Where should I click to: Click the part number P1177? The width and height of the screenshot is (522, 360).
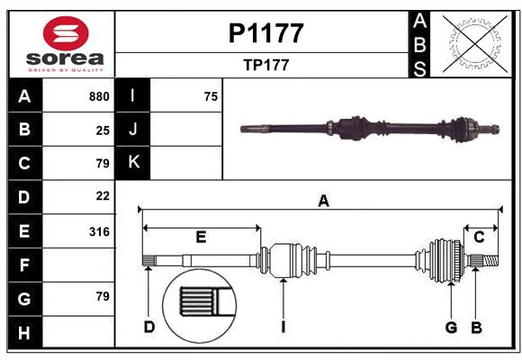pyautogui.click(x=265, y=33)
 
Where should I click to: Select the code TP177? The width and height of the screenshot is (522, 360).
pyautogui.click(x=265, y=65)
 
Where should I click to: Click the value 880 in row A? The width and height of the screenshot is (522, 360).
pyautogui.click(x=99, y=96)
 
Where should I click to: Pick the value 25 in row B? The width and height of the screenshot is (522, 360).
pyautogui.click(x=103, y=130)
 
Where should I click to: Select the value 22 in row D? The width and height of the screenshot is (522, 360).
pyautogui.click(x=103, y=195)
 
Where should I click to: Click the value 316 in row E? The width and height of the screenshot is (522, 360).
pyautogui.click(x=99, y=231)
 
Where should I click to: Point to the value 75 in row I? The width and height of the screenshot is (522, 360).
pyautogui.click(x=211, y=96)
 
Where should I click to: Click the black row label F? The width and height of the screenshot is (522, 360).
pyautogui.click(x=24, y=265)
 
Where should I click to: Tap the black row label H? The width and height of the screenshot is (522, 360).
pyautogui.click(x=24, y=333)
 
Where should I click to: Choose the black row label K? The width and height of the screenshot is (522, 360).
pyautogui.click(x=133, y=163)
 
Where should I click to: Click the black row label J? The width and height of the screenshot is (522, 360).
pyautogui.click(x=133, y=130)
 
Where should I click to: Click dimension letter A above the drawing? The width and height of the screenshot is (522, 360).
pyautogui.click(x=323, y=202)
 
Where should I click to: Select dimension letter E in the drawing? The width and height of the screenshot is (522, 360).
pyautogui.click(x=201, y=238)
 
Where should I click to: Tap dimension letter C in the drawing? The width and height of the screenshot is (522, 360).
pyautogui.click(x=480, y=238)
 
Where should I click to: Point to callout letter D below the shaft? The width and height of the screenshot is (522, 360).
pyautogui.click(x=149, y=327)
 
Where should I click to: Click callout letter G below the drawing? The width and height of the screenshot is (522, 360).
pyautogui.click(x=451, y=327)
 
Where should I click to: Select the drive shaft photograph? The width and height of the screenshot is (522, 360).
pyautogui.click(x=369, y=128)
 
